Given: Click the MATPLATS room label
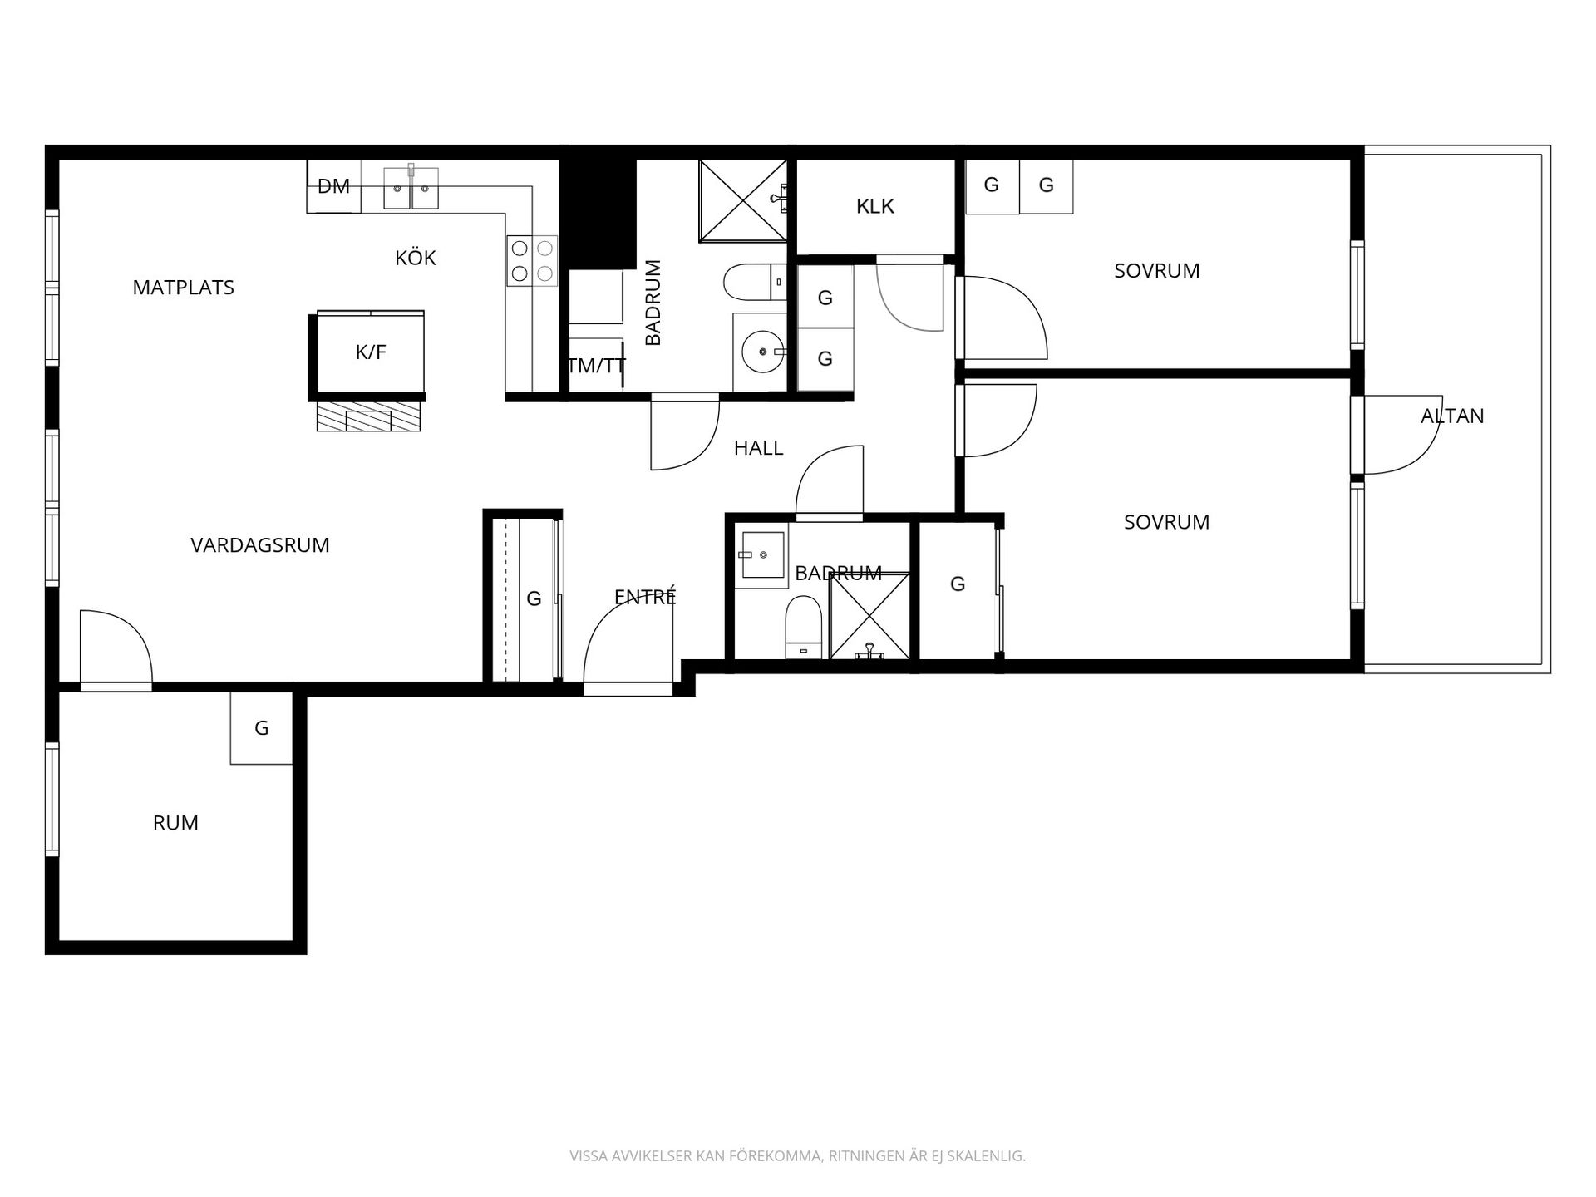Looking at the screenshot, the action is [184, 288].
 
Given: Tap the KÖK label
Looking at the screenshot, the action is [416, 258].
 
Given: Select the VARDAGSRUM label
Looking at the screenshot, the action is [260, 545].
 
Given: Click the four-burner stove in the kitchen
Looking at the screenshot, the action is [532, 260].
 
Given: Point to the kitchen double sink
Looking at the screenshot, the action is [411, 188].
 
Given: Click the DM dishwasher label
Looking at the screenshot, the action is [334, 186].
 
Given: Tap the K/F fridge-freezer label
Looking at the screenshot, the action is [371, 352].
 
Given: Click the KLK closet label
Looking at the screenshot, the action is [875, 206].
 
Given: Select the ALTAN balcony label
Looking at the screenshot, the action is [1452, 416].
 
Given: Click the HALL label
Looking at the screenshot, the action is [759, 448].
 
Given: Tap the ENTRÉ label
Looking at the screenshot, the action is [645, 596].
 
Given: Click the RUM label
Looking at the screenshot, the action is [176, 823].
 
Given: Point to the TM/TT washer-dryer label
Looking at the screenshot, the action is [596, 366].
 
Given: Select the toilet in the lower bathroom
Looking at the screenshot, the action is [804, 627].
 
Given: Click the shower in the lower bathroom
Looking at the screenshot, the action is [869, 616].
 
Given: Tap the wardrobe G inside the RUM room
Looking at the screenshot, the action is [262, 728].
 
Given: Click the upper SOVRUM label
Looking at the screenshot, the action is [1157, 271].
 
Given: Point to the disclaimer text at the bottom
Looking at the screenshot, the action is [798, 1156].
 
